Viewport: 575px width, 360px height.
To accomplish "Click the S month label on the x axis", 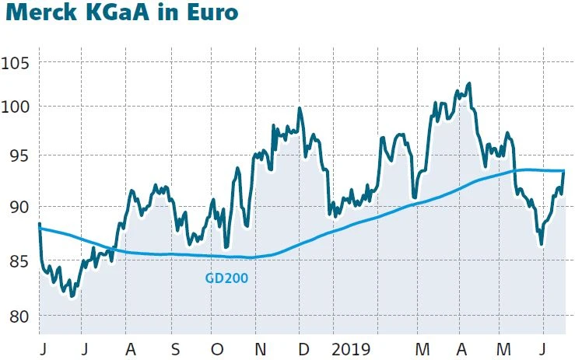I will pyautogui.click(x=175, y=347).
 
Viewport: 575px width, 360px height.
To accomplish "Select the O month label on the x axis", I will pyautogui.click(x=217, y=347).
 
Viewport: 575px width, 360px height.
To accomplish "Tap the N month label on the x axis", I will pyautogui.click(x=261, y=347).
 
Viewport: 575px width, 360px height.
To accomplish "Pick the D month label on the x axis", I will pyautogui.click(x=303, y=347).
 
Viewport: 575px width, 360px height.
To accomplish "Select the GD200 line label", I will pyautogui.click(x=226, y=277).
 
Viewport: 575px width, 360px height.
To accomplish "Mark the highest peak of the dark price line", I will pyautogui.click(x=468, y=83).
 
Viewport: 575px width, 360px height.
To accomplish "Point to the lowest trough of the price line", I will pyautogui.click(x=72, y=296).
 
